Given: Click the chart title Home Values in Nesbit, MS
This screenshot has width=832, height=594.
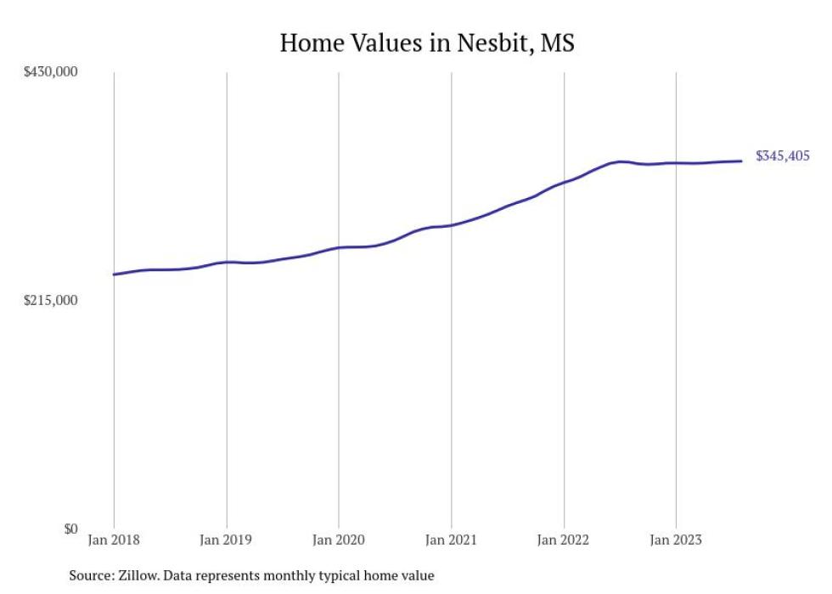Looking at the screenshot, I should click(427, 43).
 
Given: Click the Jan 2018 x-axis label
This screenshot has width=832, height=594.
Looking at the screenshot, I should click(114, 540).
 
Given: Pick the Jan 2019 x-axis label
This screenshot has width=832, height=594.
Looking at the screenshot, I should click(226, 540).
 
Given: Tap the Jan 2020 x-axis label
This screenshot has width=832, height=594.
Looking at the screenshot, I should click(339, 540).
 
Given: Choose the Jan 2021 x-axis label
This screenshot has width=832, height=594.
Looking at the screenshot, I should click(451, 540).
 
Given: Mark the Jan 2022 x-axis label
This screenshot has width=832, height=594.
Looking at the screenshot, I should click(563, 540).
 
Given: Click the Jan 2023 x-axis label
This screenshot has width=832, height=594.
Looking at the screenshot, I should click(676, 540).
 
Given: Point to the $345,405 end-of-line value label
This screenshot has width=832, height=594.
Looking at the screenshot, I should click(783, 156).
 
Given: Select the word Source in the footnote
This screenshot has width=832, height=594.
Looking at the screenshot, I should click(91, 575).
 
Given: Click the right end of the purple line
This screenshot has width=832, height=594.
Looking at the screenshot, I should click(742, 161).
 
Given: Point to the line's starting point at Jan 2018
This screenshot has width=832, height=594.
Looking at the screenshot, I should click(114, 274).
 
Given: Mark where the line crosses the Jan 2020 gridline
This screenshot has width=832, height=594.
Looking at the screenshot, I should click(339, 247).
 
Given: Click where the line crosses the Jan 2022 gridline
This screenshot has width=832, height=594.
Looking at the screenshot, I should click(563, 183).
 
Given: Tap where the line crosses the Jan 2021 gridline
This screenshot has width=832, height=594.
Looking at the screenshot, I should click(451, 225).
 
